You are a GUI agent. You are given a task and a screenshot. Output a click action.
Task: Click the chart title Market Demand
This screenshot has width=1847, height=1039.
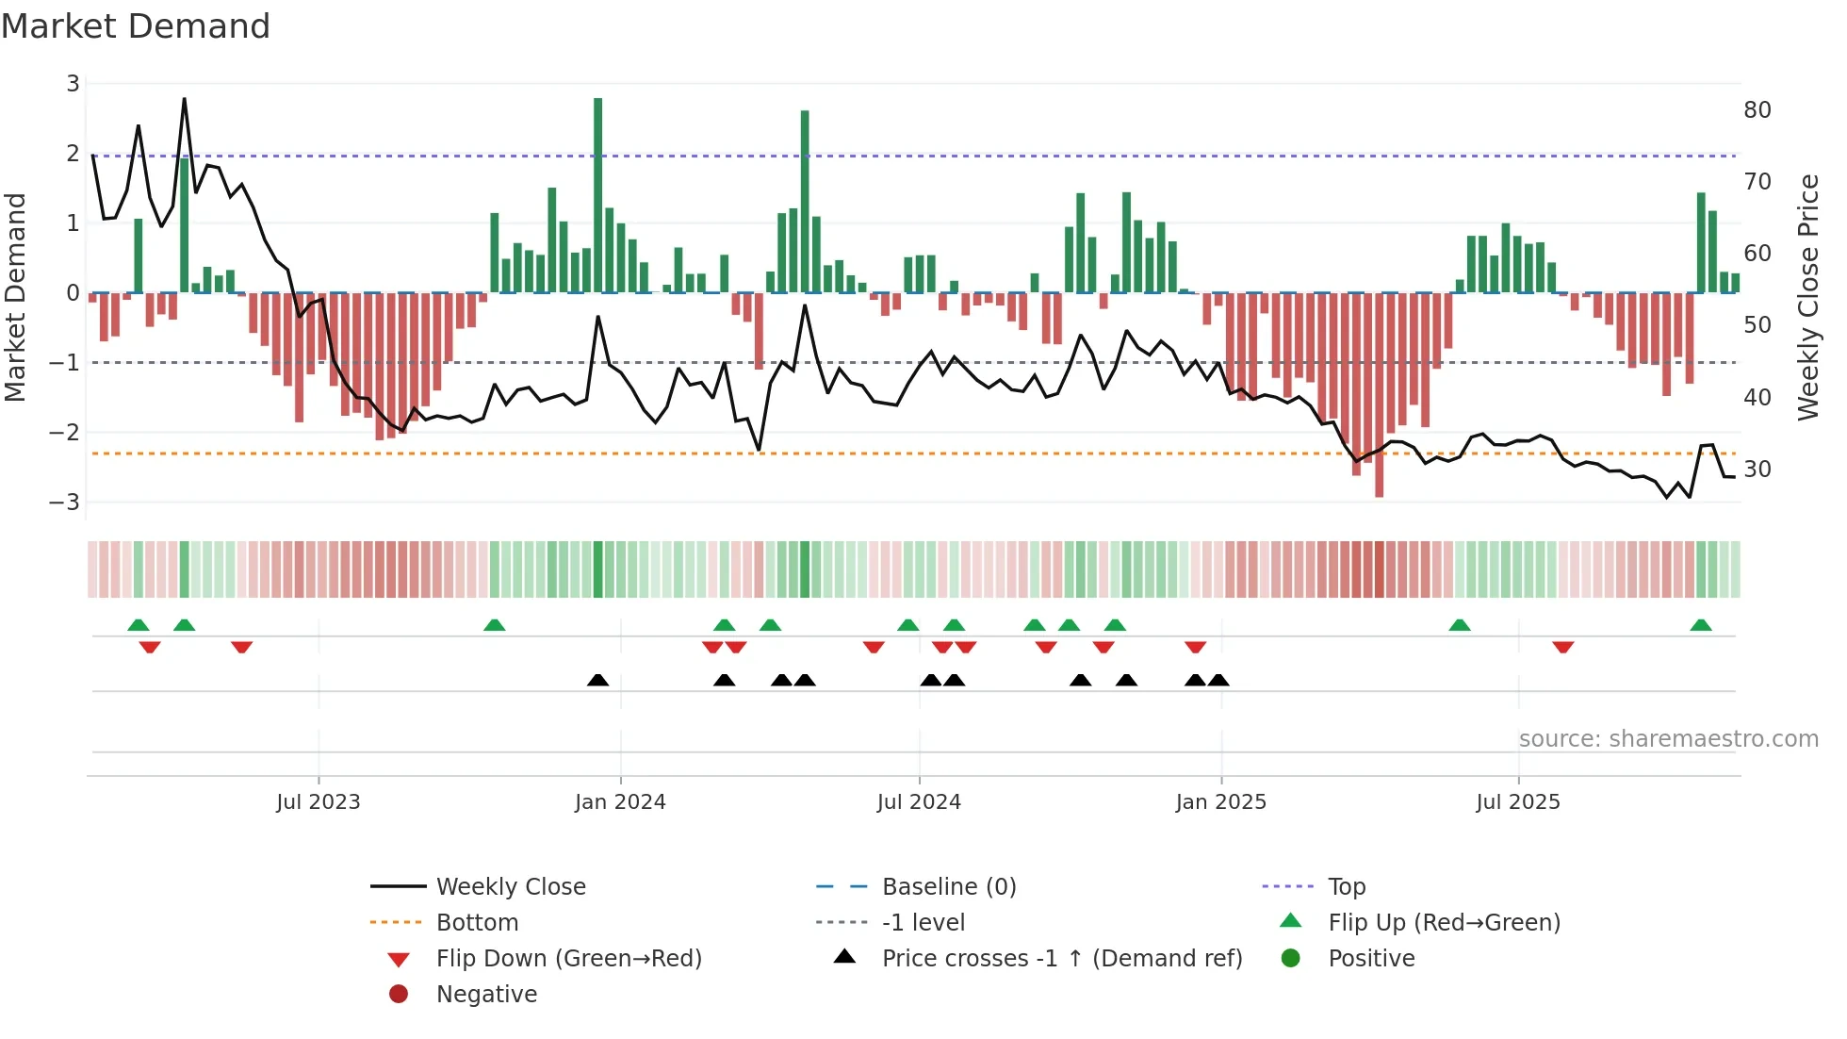pyautogui.click(x=136, y=26)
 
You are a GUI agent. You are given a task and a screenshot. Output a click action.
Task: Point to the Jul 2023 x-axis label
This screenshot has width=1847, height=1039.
pyautogui.click(x=319, y=802)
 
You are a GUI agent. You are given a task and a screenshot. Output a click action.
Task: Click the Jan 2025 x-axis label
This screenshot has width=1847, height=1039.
pyautogui.click(x=1220, y=802)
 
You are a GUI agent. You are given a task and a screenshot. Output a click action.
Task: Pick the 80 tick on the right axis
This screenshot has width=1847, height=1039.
pyautogui.click(x=1757, y=110)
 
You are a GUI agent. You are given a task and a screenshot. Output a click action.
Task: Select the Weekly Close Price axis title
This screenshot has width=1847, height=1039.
pyautogui.click(x=1807, y=297)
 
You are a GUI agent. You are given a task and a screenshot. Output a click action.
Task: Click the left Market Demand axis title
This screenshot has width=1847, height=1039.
pyautogui.click(x=16, y=297)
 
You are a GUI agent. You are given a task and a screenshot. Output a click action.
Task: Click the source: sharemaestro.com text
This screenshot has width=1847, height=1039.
pyautogui.click(x=1668, y=739)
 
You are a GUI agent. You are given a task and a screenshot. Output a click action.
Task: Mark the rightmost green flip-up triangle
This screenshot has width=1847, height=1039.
pyautogui.click(x=1701, y=625)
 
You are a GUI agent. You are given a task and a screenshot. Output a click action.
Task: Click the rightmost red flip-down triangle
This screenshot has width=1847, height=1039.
pyautogui.click(x=1563, y=647)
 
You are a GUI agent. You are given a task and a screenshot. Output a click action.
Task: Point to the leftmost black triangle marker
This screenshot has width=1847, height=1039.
pyautogui.click(x=597, y=680)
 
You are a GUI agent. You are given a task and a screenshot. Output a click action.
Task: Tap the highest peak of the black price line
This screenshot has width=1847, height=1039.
pyautogui.click(x=184, y=98)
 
